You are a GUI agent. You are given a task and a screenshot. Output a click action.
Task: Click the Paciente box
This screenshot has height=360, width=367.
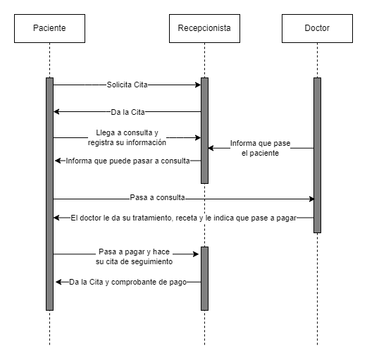pos(49,28)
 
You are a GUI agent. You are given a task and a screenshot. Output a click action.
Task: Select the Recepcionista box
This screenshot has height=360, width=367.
pos(204,28)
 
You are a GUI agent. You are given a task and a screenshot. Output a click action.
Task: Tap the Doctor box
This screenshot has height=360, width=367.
pos(317,28)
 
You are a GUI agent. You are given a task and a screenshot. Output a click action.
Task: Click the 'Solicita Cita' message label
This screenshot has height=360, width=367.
pos(127,85)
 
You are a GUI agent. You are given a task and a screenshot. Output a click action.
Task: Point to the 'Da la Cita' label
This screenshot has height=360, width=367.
pos(127,112)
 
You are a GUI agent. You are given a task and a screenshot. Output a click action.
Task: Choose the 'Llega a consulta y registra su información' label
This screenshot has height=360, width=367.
pos(127,137)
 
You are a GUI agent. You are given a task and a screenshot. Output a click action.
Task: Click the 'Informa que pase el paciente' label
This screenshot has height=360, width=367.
pos(260,148)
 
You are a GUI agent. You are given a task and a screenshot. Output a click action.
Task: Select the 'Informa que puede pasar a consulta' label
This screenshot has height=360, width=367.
pos(127,161)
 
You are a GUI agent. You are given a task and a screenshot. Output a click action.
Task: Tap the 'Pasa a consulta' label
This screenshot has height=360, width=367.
pos(157,197)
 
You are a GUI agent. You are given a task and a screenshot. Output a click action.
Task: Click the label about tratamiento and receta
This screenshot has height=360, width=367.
pos(184,218)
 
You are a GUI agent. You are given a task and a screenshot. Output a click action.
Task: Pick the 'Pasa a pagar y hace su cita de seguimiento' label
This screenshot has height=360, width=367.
pos(134,256)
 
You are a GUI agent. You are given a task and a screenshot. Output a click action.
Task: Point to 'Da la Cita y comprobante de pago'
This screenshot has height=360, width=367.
pos(127,282)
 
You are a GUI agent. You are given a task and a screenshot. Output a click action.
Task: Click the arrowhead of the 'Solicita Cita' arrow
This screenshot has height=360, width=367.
pos(199,85)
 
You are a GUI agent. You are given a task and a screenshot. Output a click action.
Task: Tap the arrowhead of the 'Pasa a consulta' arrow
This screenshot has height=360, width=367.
pos(312,199)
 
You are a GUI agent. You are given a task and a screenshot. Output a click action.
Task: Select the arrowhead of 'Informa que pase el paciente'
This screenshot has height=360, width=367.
pos(211,148)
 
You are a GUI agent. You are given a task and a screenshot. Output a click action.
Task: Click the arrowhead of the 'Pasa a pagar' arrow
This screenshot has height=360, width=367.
pos(196,254)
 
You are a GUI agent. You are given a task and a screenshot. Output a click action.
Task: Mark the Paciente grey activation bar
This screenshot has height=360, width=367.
pos(49,194)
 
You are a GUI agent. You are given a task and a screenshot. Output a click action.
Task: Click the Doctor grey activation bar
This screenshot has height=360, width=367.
pos(317,155)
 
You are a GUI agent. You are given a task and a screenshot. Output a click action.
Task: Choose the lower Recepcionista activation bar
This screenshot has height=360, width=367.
pos(204,278)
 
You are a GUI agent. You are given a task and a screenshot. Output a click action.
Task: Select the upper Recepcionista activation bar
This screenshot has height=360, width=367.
pos(204,130)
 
